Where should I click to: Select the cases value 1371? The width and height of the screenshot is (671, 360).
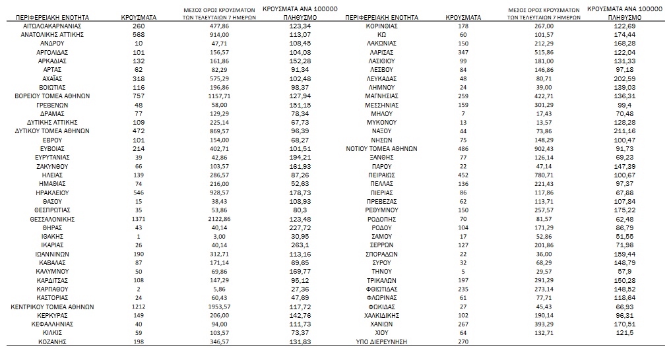[x=137, y=219]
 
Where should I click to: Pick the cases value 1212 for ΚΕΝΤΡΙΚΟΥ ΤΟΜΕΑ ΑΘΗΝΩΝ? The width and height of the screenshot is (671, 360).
[x=137, y=307]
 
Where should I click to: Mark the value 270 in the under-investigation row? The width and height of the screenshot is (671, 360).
[x=463, y=342]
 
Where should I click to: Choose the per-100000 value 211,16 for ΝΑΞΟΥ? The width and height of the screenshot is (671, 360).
[x=624, y=131]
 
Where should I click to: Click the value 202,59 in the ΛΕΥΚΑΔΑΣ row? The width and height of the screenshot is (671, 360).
[x=624, y=78]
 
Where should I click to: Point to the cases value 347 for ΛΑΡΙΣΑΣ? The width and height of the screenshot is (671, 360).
[x=463, y=51]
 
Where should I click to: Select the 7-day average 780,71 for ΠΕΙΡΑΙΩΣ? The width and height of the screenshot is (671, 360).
[x=544, y=175]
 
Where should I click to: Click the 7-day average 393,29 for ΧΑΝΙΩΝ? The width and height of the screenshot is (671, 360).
[x=544, y=324]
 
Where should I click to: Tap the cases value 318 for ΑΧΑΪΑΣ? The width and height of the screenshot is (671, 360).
[x=137, y=78]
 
